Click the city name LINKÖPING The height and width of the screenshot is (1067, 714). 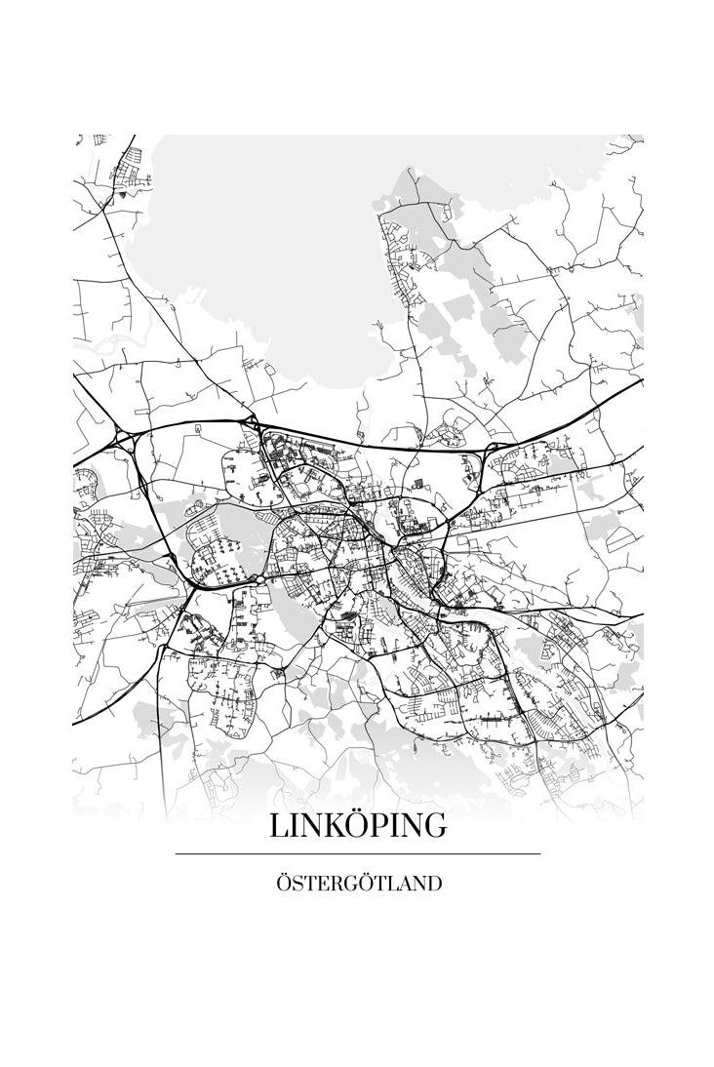point(358,824)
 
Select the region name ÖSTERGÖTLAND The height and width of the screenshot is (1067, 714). point(358,884)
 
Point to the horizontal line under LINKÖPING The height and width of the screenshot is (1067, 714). point(358,854)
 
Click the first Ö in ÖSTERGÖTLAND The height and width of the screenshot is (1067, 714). point(283,884)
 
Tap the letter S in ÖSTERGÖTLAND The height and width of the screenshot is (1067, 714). point(296,885)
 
